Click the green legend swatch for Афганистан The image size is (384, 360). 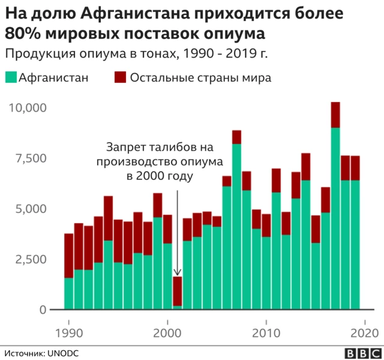pyautogui.click(x=11, y=78)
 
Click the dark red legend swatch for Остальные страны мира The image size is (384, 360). pyautogui.click(x=119, y=78)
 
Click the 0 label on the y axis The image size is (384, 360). pyautogui.click(x=43, y=310)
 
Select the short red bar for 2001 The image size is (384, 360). pyautogui.click(x=178, y=290)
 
